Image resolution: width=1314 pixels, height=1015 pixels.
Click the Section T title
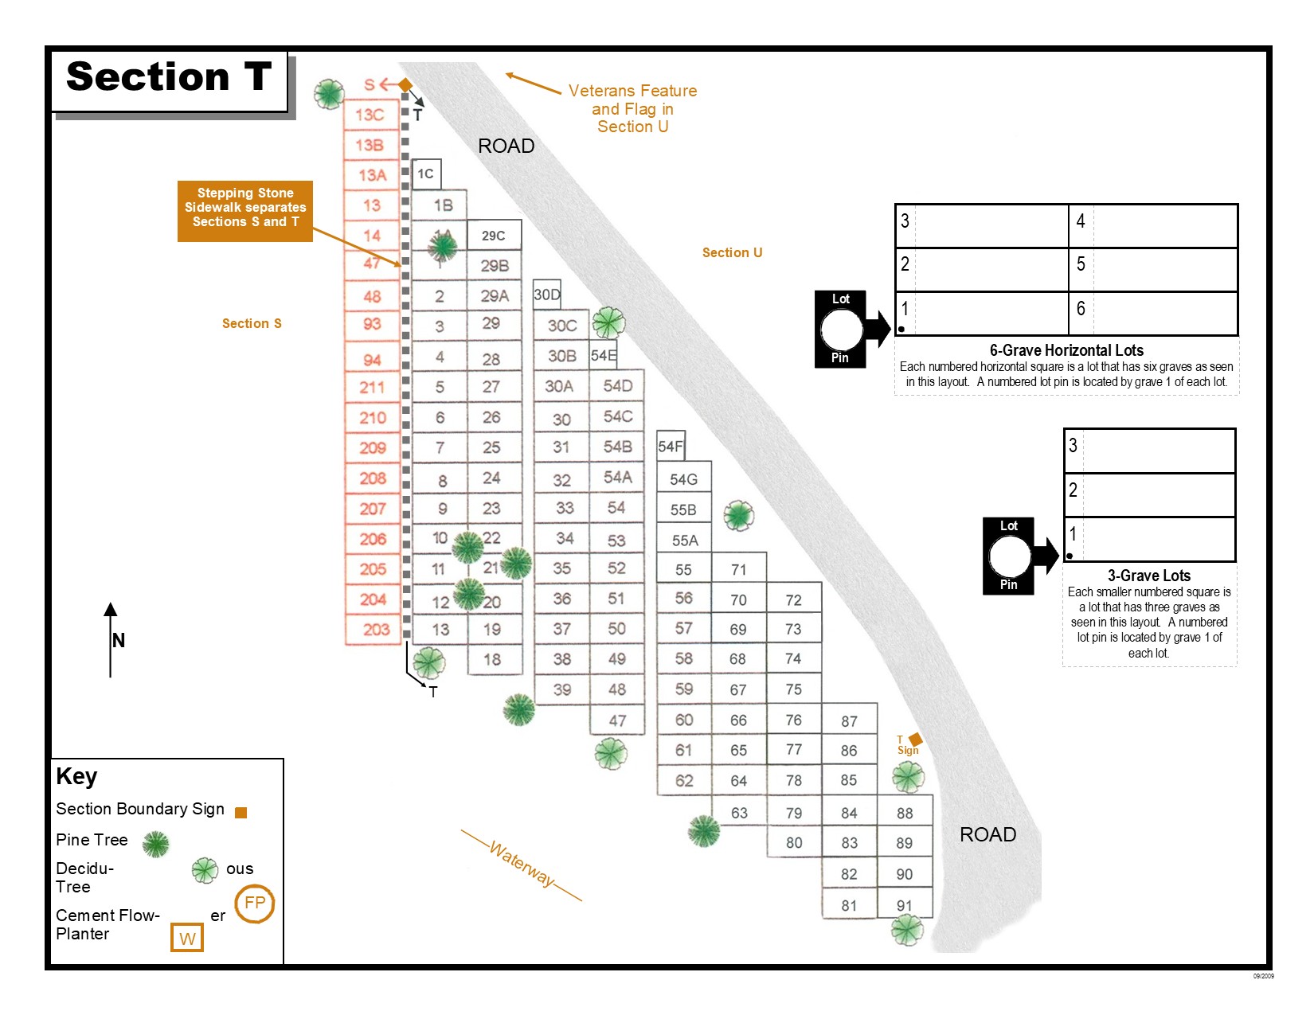(169, 78)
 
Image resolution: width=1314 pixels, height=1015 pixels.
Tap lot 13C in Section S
(370, 115)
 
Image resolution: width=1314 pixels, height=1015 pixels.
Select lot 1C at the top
(426, 174)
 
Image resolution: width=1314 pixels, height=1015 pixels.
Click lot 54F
(671, 447)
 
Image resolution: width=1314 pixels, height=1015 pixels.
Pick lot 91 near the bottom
(904, 905)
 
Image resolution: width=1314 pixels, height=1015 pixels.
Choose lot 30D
(547, 295)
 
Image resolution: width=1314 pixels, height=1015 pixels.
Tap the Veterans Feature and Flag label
(632, 108)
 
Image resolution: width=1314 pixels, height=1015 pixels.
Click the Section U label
(732, 252)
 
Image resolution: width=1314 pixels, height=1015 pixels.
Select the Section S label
(252, 323)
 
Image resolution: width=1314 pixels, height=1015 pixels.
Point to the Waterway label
(522, 865)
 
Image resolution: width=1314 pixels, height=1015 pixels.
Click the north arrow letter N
(119, 640)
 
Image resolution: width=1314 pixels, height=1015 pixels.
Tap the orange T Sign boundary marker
(916, 740)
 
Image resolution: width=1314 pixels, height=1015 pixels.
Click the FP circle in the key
(255, 903)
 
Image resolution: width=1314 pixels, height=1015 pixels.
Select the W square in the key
(187, 938)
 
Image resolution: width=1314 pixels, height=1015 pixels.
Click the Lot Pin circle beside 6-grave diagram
(841, 329)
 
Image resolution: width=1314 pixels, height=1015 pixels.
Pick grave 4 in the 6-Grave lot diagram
(1081, 221)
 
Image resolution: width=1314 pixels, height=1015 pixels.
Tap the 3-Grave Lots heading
(1148, 576)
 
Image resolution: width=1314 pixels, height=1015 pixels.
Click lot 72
(793, 599)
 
